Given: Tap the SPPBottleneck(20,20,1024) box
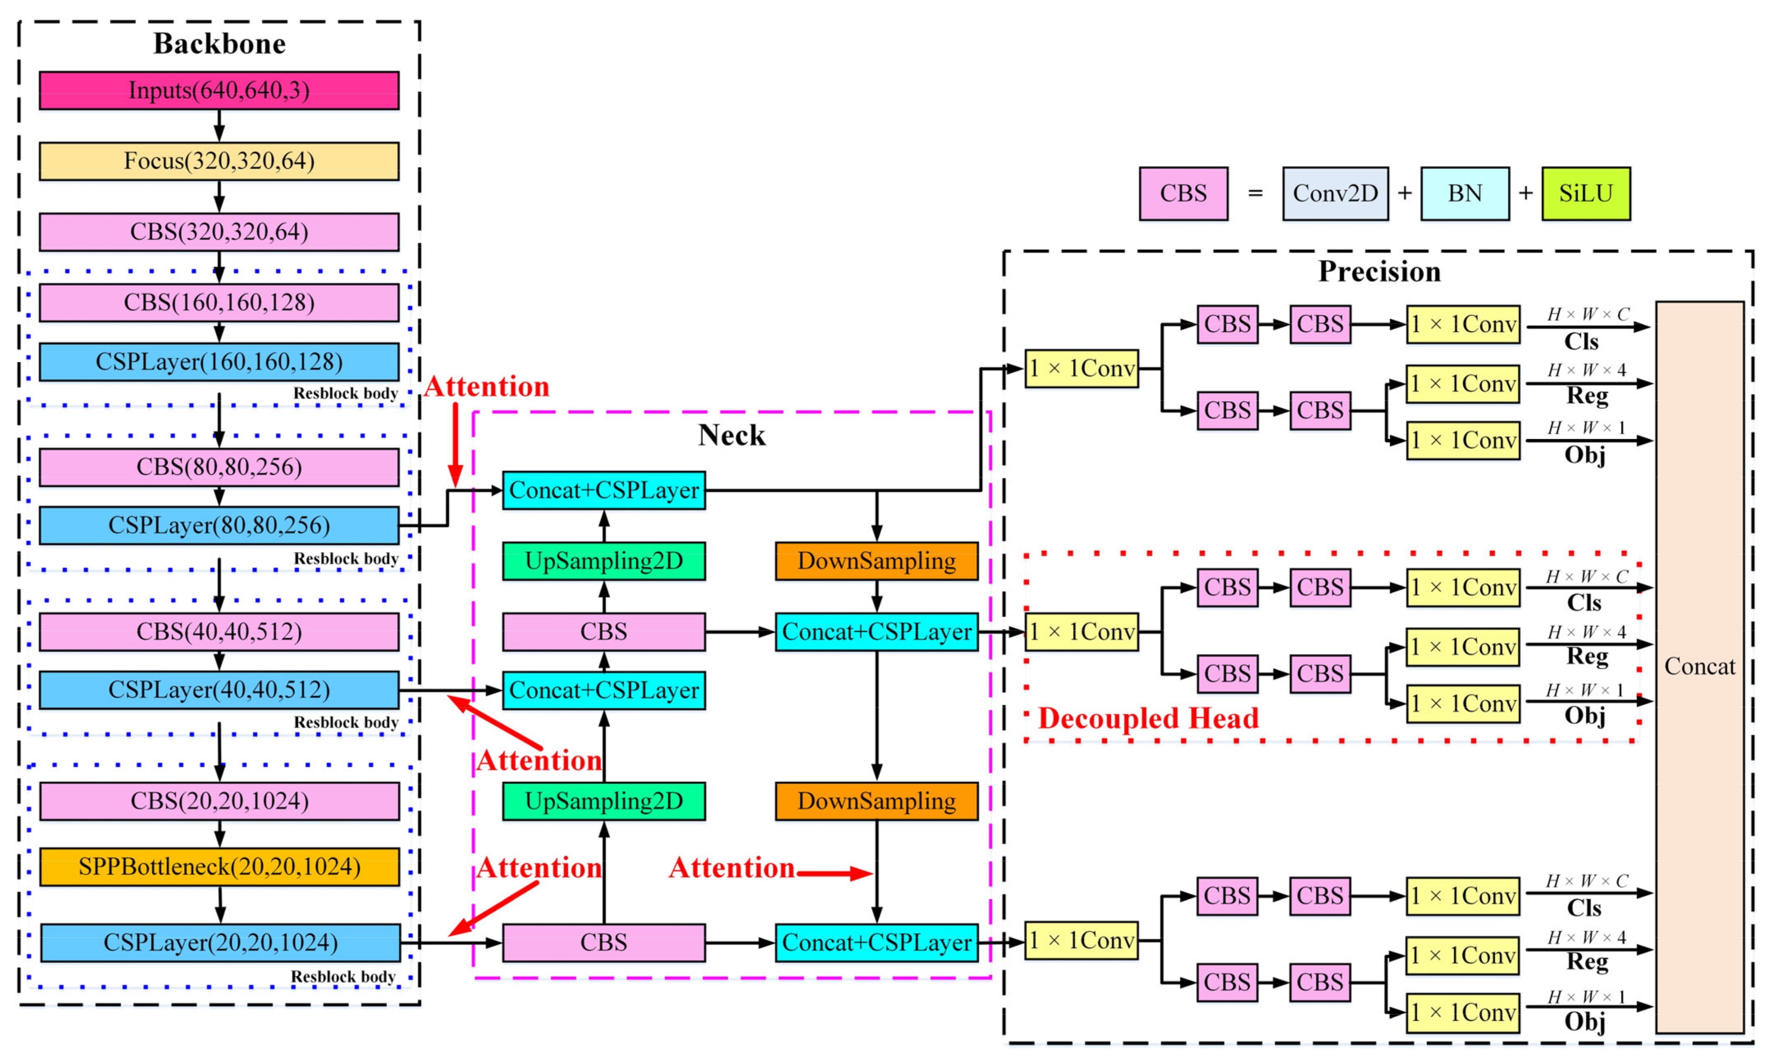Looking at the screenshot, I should [x=219, y=866].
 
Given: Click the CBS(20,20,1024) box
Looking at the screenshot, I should [x=219, y=801].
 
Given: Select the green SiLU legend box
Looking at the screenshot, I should [x=1586, y=194].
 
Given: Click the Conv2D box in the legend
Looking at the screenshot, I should [x=1335, y=194].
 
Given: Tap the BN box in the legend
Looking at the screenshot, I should [x=1464, y=194].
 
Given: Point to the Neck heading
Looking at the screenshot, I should [x=731, y=435].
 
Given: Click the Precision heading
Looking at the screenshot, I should [x=1379, y=272].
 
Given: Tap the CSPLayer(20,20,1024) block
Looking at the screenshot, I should [x=220, y=943].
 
